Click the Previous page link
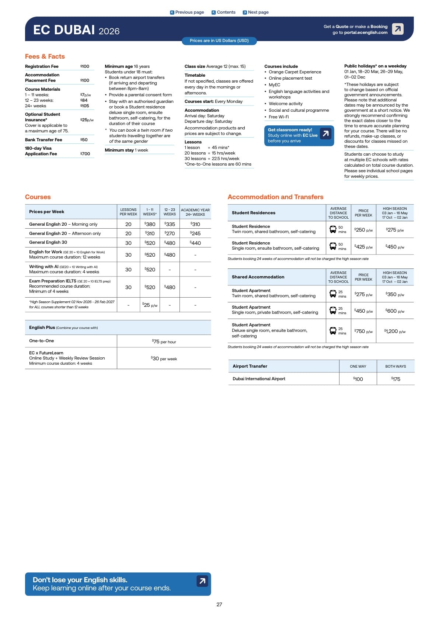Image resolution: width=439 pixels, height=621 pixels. point(187,12)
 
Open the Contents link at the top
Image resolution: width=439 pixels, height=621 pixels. point(223,12)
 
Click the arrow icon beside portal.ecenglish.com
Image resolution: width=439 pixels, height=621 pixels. point(397,29)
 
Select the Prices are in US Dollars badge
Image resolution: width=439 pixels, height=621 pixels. point(219,41)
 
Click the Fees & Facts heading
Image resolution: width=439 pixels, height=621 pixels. point(45,56)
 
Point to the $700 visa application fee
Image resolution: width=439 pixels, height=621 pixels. point(85,154)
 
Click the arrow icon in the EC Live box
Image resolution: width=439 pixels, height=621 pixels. point(325,133)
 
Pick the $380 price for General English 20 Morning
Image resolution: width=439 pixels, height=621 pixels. point(150,224)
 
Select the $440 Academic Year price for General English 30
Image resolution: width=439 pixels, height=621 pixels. point(195,243)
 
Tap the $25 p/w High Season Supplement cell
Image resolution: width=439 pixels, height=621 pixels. point(150,305)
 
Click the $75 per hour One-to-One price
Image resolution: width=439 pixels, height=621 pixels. point(164,341)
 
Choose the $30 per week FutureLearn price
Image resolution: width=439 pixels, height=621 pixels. point(164,358)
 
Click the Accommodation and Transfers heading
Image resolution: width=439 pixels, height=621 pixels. point(275,197)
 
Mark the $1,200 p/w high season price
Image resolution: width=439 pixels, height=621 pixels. point(394,331)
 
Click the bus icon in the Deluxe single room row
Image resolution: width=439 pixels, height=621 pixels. point(333,331)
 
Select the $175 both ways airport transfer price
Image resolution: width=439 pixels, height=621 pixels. point(396,379)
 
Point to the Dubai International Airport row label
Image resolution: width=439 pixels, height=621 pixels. point(259,379)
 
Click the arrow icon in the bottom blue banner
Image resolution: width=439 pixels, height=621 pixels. point(202,581)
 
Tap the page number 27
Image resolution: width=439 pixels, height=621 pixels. point(219,604)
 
